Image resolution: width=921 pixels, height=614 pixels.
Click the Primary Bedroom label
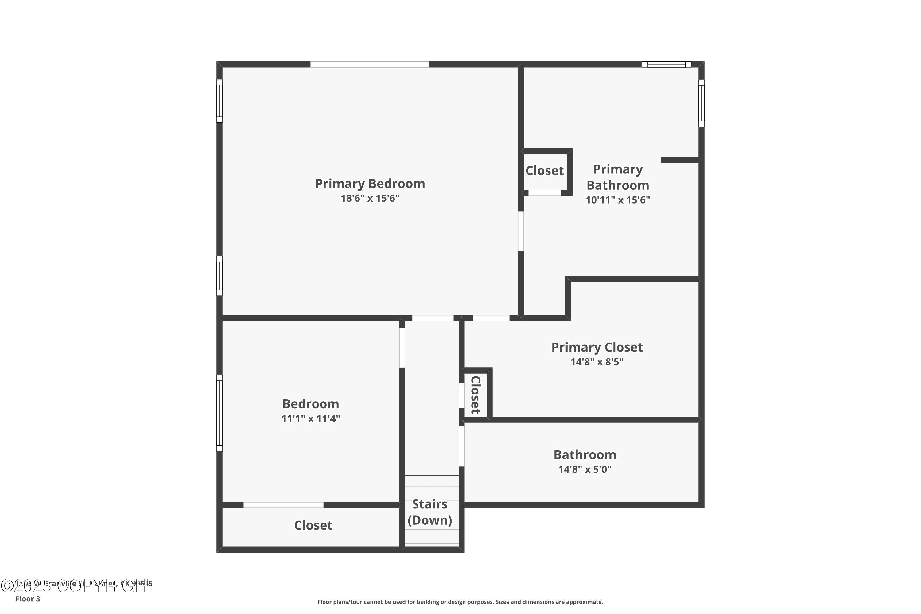[370, 183]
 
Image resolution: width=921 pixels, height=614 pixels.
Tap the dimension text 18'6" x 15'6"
[370, 198]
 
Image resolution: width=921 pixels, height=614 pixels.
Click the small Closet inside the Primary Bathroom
[544, 171]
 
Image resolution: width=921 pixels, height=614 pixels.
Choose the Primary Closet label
[597, 347]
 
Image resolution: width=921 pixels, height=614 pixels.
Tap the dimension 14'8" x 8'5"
[597, 362]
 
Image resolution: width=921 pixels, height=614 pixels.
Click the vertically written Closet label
[475, 395]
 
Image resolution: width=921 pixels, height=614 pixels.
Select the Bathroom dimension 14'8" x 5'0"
[585, 469]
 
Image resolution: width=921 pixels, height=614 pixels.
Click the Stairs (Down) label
[430, 512]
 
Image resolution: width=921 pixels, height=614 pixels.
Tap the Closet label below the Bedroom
[313, 525]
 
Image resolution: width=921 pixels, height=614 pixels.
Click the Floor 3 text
[28, 599]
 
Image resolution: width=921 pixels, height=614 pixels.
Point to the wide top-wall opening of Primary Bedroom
[370, 64]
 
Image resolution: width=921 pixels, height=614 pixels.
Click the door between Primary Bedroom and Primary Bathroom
[521, 231]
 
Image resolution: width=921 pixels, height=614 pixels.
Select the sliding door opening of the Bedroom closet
[283, 505]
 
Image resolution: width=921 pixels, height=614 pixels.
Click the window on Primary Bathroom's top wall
[666, 64]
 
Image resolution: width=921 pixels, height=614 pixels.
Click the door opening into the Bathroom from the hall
[461, 446]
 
